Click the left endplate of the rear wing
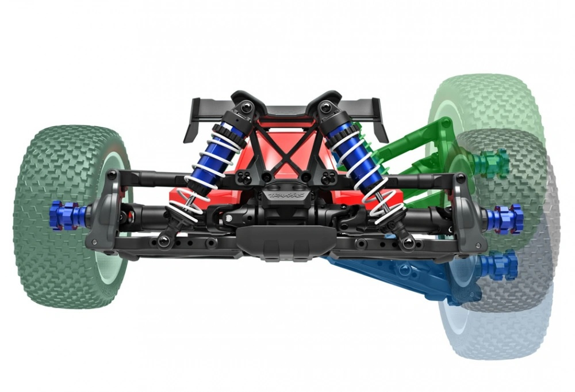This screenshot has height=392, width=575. [193, 121]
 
